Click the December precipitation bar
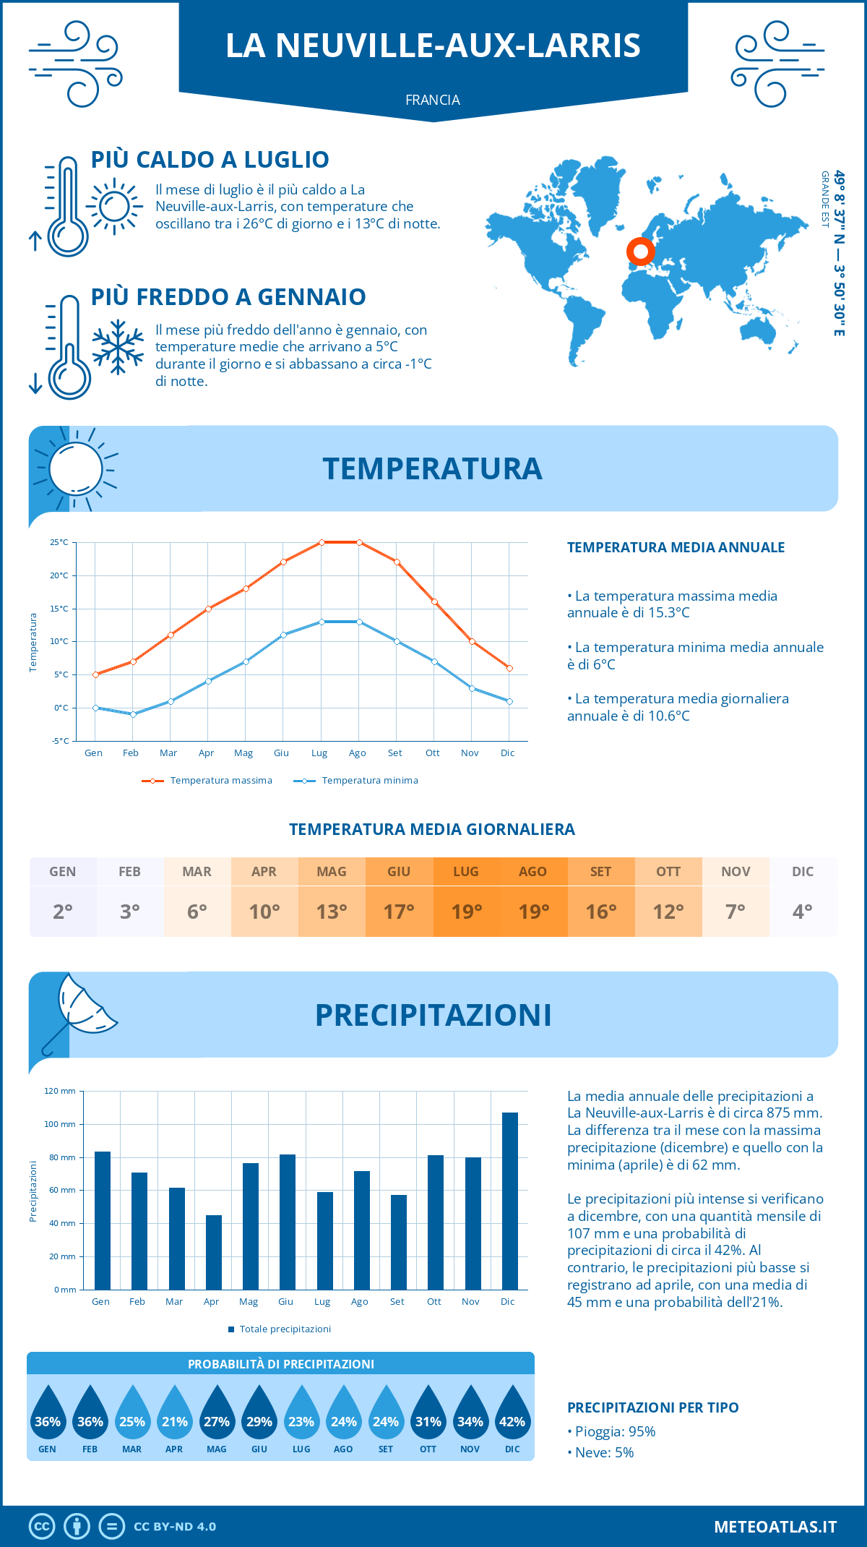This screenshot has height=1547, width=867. click(x=510, y=1201)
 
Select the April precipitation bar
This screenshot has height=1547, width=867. click(x=214, y=1252)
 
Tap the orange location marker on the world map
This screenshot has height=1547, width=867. click(x=640, y=252)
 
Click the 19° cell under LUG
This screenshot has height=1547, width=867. click(x=466, y=911)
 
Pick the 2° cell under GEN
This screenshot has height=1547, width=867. click(x=63, y=911)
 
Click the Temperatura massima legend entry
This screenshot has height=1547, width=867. click(x=207, y=781)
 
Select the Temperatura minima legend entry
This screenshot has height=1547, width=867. click(x=356, y=781)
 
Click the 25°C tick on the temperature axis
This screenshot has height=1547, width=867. click(x=59, y=542)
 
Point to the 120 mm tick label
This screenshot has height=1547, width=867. click(x=60, y=1091)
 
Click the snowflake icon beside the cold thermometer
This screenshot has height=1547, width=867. click(x=118, y=346)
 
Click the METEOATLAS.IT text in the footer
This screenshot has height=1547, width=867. click(x=775, y=1527)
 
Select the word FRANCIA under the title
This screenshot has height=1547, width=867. click(x=433, y=100)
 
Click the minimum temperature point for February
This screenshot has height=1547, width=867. click(x=133, y=714)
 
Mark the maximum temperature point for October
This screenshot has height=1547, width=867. click(x=434, y=601)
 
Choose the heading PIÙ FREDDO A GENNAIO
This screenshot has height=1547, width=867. click(x=228, y=296)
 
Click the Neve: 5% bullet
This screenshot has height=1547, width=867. click(x=600, y=1452)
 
